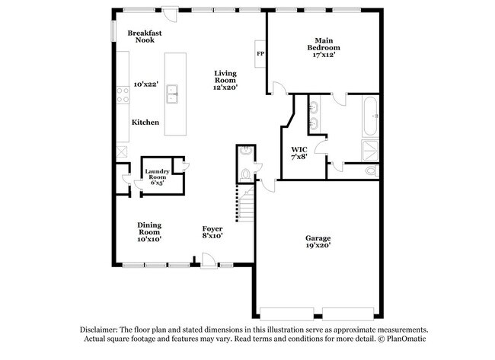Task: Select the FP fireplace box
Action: (x=260, y=54)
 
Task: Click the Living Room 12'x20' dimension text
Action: (x=225, y=88)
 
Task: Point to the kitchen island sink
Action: (x=172, y=94)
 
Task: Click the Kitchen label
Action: (x=145, y=122)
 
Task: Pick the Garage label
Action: (x=318, y=237)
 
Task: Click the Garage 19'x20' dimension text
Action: (x=318, y=246)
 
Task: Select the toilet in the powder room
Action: (x=244, y=175)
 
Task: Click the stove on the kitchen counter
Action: (x=122, y=95)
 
